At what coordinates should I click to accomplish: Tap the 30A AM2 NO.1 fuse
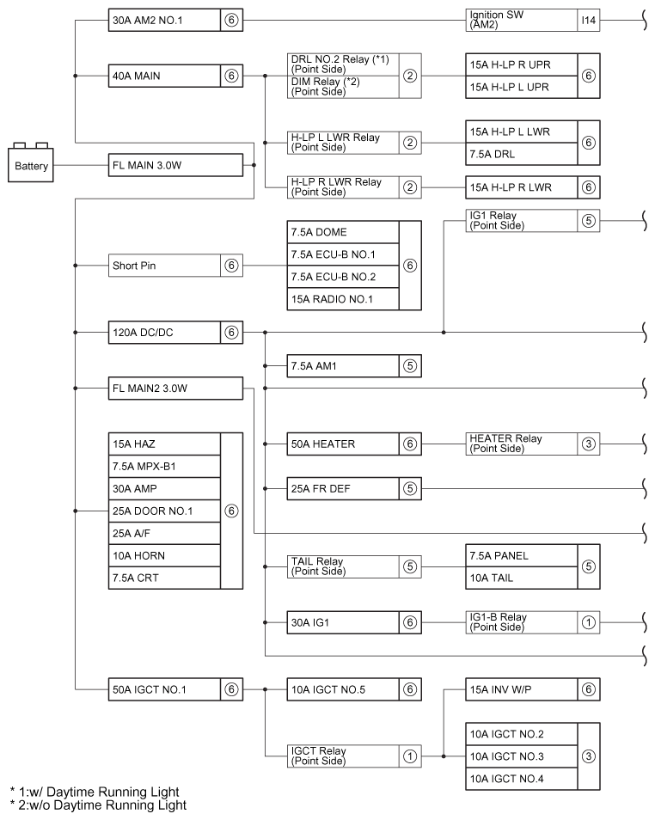pyautogui.click(x=164, y=21)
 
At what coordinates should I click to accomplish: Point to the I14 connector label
pyautogui.click(x=588, y=21)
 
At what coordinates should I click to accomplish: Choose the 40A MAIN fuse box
pyautogui.click(x=164, y=76)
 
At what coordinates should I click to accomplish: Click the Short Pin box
pyautogui.click(x=164, y=266)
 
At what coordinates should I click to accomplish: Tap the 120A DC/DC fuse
pyautogui.click(x=164, y=331)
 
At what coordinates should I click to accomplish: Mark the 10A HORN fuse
pyautogui.click(x=164, y=555)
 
